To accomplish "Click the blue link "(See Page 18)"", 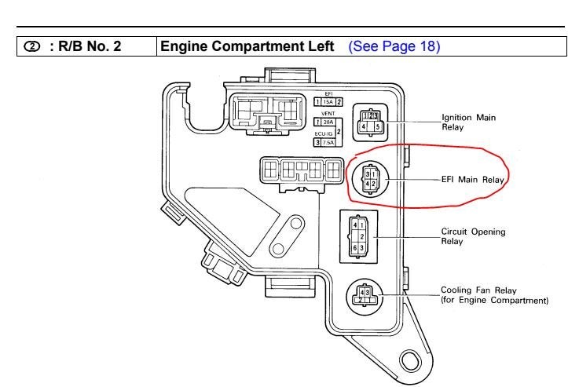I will (x=394, y=46).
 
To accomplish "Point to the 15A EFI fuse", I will (x=327, y=102).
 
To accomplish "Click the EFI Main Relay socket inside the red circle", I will (x=368, y=178).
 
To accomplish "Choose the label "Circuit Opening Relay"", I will (x=473, y=236).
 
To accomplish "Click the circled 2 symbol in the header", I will (x=32, y=46).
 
